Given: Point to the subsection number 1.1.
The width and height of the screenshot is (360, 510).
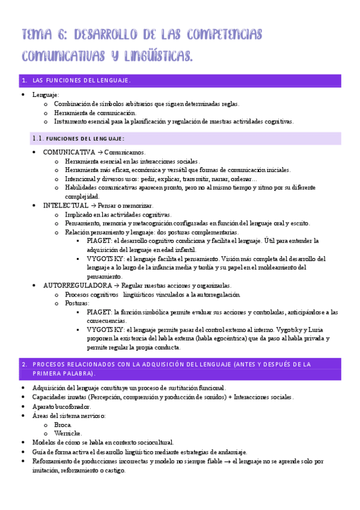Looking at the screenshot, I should coord(37,139).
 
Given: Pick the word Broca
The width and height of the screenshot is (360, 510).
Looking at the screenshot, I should coord(63,424).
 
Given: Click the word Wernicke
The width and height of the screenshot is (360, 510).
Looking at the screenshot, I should coord(67,433).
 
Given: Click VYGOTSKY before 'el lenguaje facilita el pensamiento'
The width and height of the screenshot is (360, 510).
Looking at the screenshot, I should coord(105,259).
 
